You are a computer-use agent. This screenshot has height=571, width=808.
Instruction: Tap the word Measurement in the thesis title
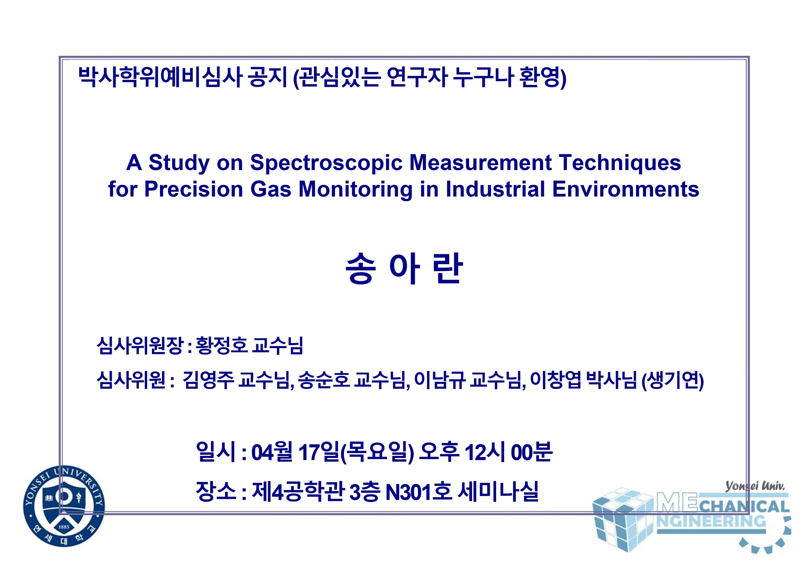pos(481,163)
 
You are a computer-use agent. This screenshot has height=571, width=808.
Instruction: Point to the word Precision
pos(193,189)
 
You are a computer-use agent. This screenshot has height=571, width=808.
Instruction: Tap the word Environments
pos(626,189)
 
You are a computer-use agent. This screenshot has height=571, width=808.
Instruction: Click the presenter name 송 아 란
pos(404,268)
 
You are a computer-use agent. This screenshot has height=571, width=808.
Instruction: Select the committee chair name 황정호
pos(221,345)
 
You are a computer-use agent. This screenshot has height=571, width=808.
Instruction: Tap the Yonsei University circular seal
pos(64,506)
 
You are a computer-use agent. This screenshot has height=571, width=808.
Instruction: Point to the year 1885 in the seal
pos(64,527)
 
